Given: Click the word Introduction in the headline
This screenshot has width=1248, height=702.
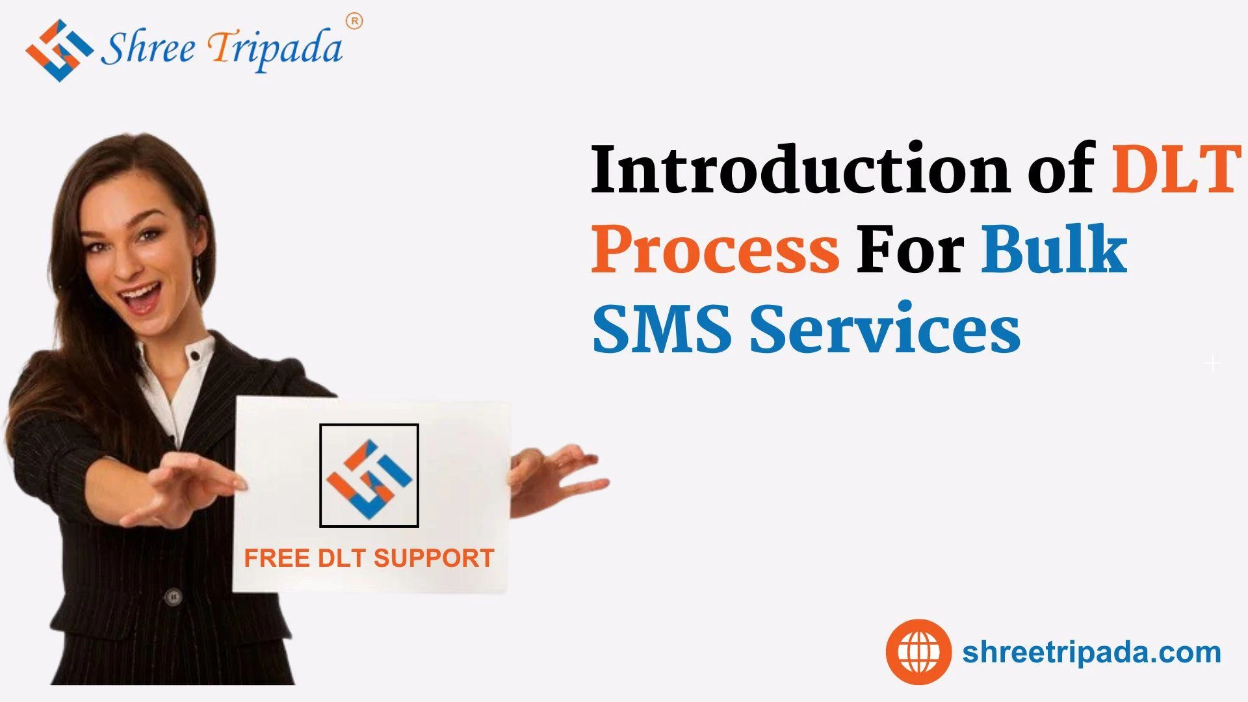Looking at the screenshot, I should [800, 170].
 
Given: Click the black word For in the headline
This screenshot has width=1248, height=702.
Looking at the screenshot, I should [909, 250].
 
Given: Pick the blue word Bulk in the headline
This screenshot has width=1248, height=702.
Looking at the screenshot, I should [1054, 250].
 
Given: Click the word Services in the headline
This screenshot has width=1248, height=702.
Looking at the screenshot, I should [885, 329].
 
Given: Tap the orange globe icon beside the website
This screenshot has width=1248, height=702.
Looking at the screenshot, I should [918, 651].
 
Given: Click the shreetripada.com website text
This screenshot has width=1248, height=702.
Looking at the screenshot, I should [1091, 652].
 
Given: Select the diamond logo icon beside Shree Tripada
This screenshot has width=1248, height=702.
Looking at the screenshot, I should [58, 50].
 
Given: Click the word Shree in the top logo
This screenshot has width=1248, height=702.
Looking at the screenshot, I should [148, 49].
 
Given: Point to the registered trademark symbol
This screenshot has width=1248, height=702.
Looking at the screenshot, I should [355, 21].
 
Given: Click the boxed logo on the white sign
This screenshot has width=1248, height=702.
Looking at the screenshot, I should [369, 475].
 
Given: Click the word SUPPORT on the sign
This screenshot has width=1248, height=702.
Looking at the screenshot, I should [434, 558].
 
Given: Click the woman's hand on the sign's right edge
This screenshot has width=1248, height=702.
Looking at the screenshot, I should [552, 473].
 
